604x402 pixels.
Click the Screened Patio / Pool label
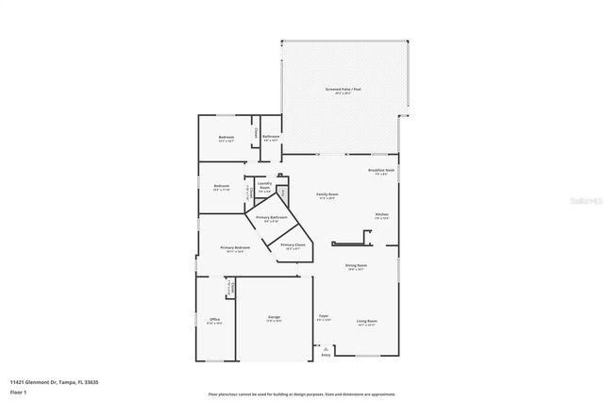344,90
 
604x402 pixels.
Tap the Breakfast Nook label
381,170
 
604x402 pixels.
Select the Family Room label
327,193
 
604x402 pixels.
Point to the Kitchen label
381,214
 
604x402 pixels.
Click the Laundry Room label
264,185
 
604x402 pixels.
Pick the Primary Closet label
293,244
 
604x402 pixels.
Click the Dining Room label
356,265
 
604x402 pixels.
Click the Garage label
274,318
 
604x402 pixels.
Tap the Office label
214,320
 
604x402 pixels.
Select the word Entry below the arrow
327,355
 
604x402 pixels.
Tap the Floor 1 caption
18,391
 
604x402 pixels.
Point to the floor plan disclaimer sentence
302,394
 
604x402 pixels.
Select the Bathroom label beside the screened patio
271,137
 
